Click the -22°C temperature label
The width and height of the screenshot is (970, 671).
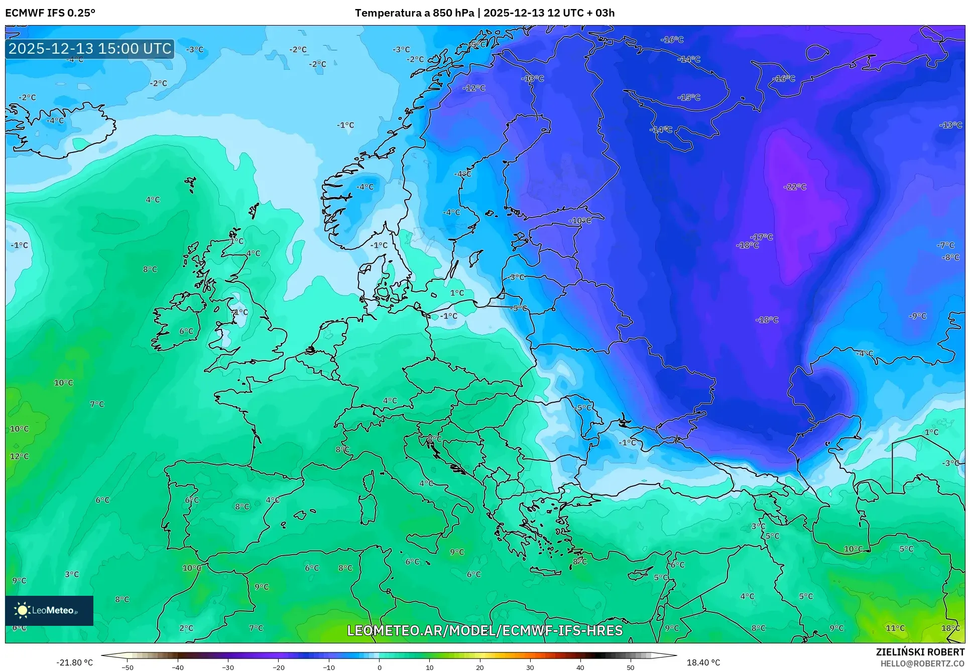point(795,187)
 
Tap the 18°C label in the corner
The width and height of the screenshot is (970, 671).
point(950,628)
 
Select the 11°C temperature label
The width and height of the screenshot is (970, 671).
point(895,628)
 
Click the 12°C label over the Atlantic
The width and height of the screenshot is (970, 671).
point(20,456)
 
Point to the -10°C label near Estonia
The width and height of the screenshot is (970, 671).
point(580,221)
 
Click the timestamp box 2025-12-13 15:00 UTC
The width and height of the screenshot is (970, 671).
point(90,49)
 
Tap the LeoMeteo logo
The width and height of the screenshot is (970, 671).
point(49,610)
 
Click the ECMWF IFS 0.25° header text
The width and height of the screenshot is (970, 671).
point(50,13)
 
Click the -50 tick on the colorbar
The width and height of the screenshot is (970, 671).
point(128,667)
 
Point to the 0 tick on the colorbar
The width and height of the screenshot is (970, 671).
point(379,667)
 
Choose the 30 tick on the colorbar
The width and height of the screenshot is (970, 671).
point(530,667)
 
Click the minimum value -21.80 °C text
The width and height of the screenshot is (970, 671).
point(74,662)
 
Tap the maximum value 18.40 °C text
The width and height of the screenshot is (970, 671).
point(703,662)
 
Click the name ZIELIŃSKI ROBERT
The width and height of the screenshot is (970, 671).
point(920,652)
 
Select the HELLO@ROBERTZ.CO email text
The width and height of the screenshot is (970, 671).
point(922,663)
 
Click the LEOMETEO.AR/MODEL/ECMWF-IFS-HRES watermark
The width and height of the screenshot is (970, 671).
point(484,630)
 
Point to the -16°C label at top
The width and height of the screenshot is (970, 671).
point(672,40)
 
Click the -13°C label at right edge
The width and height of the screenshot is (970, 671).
point(950,125)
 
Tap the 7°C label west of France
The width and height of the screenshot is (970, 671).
point(97,404)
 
